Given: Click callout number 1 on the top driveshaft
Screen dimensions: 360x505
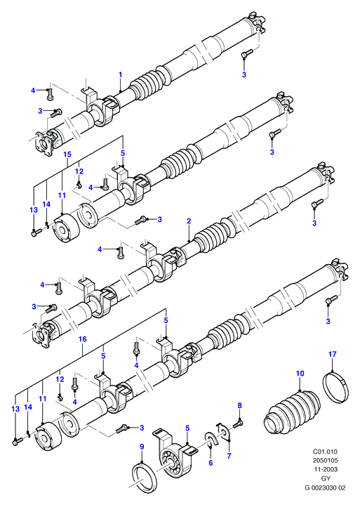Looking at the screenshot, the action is (x=120, y=74).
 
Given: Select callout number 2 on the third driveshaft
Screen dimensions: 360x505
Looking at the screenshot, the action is (x=189, y=221).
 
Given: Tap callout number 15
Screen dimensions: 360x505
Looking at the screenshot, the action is (x=67, y=155).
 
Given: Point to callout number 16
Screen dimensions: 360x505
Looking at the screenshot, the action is (x=83, y=339).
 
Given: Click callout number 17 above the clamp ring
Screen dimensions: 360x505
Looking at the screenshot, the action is (x=333, y=354).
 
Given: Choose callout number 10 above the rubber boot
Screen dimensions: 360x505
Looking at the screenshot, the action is (x=300, y=373).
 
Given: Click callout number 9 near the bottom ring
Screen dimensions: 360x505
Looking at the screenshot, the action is (x=142, y=447).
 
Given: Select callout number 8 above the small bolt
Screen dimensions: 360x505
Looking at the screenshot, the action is (x=239, y=405).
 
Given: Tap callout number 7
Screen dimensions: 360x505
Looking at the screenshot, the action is (x=229, y=456).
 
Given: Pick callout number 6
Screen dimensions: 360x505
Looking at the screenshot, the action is (x=211, y=462).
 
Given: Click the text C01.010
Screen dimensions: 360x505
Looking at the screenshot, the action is (x=325, y=452).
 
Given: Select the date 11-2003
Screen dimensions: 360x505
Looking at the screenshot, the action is (x=326, y=470).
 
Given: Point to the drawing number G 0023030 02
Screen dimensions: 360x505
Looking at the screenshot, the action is (x=325, y=487).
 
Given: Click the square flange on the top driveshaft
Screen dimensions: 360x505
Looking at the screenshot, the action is (x=43, y=144).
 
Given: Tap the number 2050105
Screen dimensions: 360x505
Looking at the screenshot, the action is (x=325, y=461).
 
